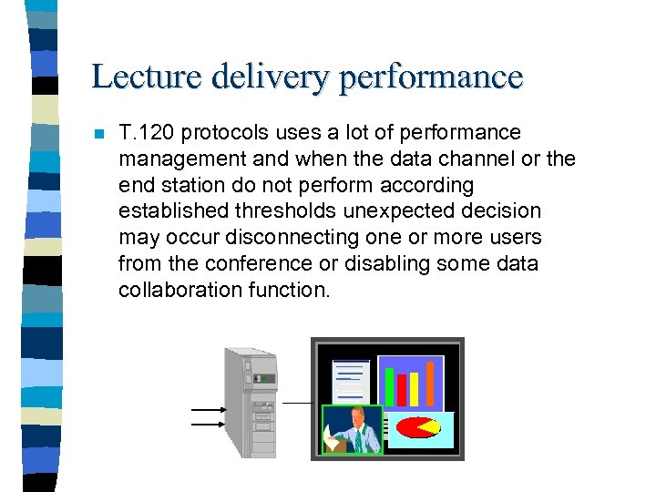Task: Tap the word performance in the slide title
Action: point(431,77)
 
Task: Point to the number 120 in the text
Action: point(156,133)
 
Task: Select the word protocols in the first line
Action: point(220,133)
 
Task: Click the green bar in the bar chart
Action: point(389,386)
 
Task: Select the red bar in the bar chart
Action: point(402,391)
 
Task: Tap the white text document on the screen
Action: point(351,380)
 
